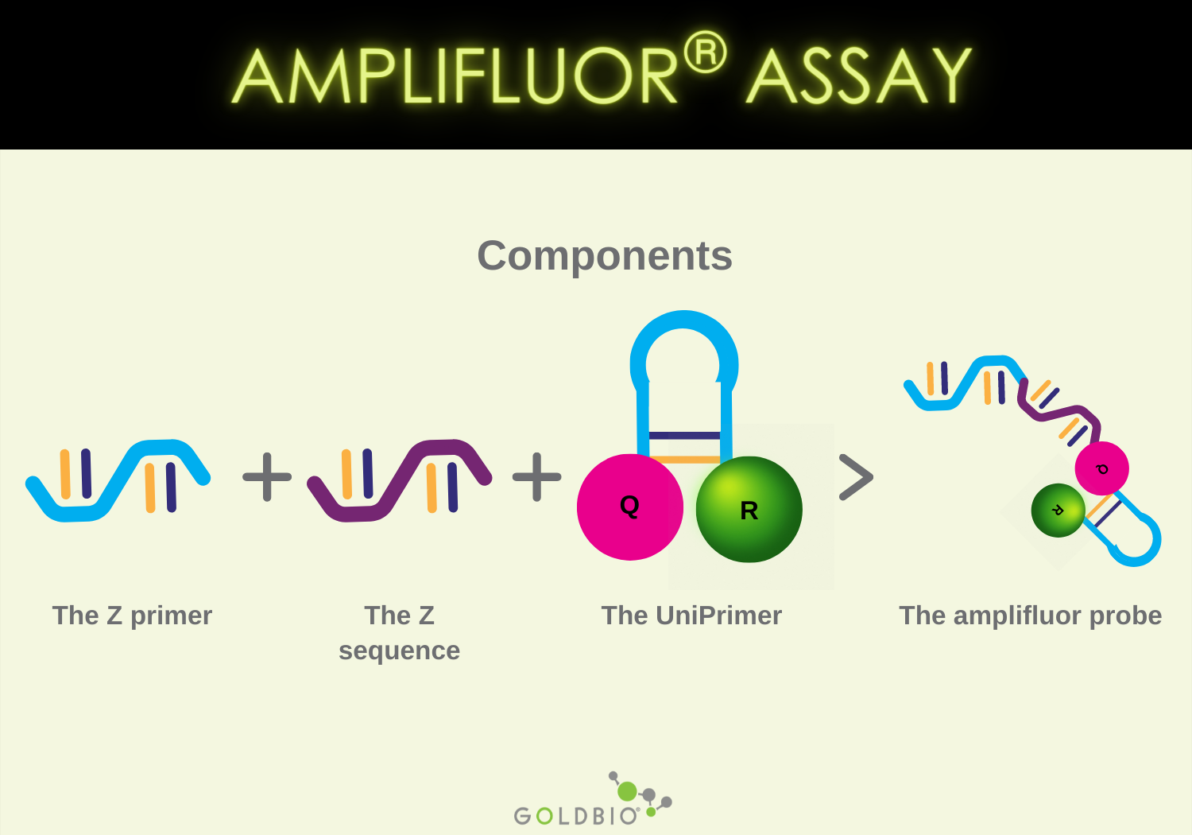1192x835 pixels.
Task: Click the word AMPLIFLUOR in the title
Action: pyautogui.click(x=455, y=76)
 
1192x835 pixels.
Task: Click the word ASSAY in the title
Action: pyautogui.click(x=858, y=76)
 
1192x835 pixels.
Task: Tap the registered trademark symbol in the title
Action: pyautogui.click(x=705, y=52)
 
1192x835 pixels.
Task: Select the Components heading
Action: pyautogui.click(x=604, y=256)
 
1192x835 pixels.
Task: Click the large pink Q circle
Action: pyautogui.click(x=629, y=507)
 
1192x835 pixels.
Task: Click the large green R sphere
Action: pyautogui.click(x=749, y=509)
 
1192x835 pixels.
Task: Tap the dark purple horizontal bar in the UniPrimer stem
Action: pyautogui.click(x=684, y=435)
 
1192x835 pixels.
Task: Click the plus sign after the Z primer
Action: pyautogui.click(x=267, y=477)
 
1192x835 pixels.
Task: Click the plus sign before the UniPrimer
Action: pyautogui.click(x=536, y=477)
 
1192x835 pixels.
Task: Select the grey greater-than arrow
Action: pyautogui.click(x=856, y=477)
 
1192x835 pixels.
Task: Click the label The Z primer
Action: pyautogui.click(x=132, y=616)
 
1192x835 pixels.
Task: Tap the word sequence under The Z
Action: pyautogui.click(x=399, y=651)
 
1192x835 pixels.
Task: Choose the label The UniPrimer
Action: pyautogui.click(x=691, y=616)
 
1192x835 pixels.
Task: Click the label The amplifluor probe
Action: pyautogui.click(x=1030, y=616)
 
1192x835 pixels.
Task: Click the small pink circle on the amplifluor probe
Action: pyautogui.click(x=1101, y=468)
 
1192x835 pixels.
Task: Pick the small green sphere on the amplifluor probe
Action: pyautogui.click(x=1058, y=511)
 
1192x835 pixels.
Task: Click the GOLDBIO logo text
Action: pyautogui.click(x=576, y=816)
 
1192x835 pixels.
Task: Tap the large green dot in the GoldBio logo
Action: pyautogui.click(x=627, y=791)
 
